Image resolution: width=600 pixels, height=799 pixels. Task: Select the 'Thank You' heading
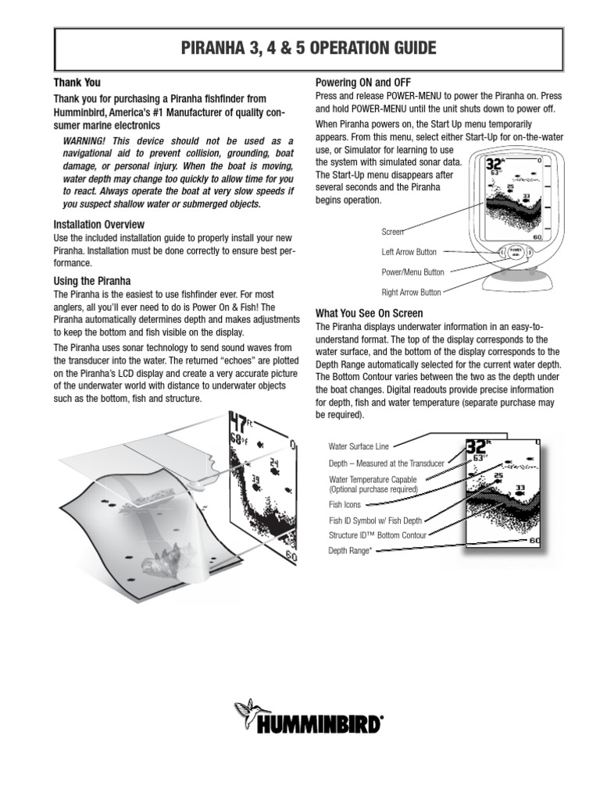tap(77, 82)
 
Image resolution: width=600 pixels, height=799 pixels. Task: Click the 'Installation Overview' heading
tap(98, 225)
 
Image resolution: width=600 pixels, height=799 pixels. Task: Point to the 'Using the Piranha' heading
tap(91, 281)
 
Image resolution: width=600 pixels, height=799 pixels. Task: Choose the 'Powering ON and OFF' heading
tap(362, 82)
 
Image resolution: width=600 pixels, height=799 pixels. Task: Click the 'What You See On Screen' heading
tap(369, 313)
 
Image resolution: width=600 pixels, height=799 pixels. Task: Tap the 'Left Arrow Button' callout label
tap(409, 252)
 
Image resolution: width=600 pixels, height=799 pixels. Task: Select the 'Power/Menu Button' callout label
tap(412, 272)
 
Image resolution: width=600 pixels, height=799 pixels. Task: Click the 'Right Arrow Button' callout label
tap(411, 293)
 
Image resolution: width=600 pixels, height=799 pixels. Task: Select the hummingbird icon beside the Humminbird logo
tap(246, 714)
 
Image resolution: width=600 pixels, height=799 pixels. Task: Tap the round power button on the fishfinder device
tap(514, 252)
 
